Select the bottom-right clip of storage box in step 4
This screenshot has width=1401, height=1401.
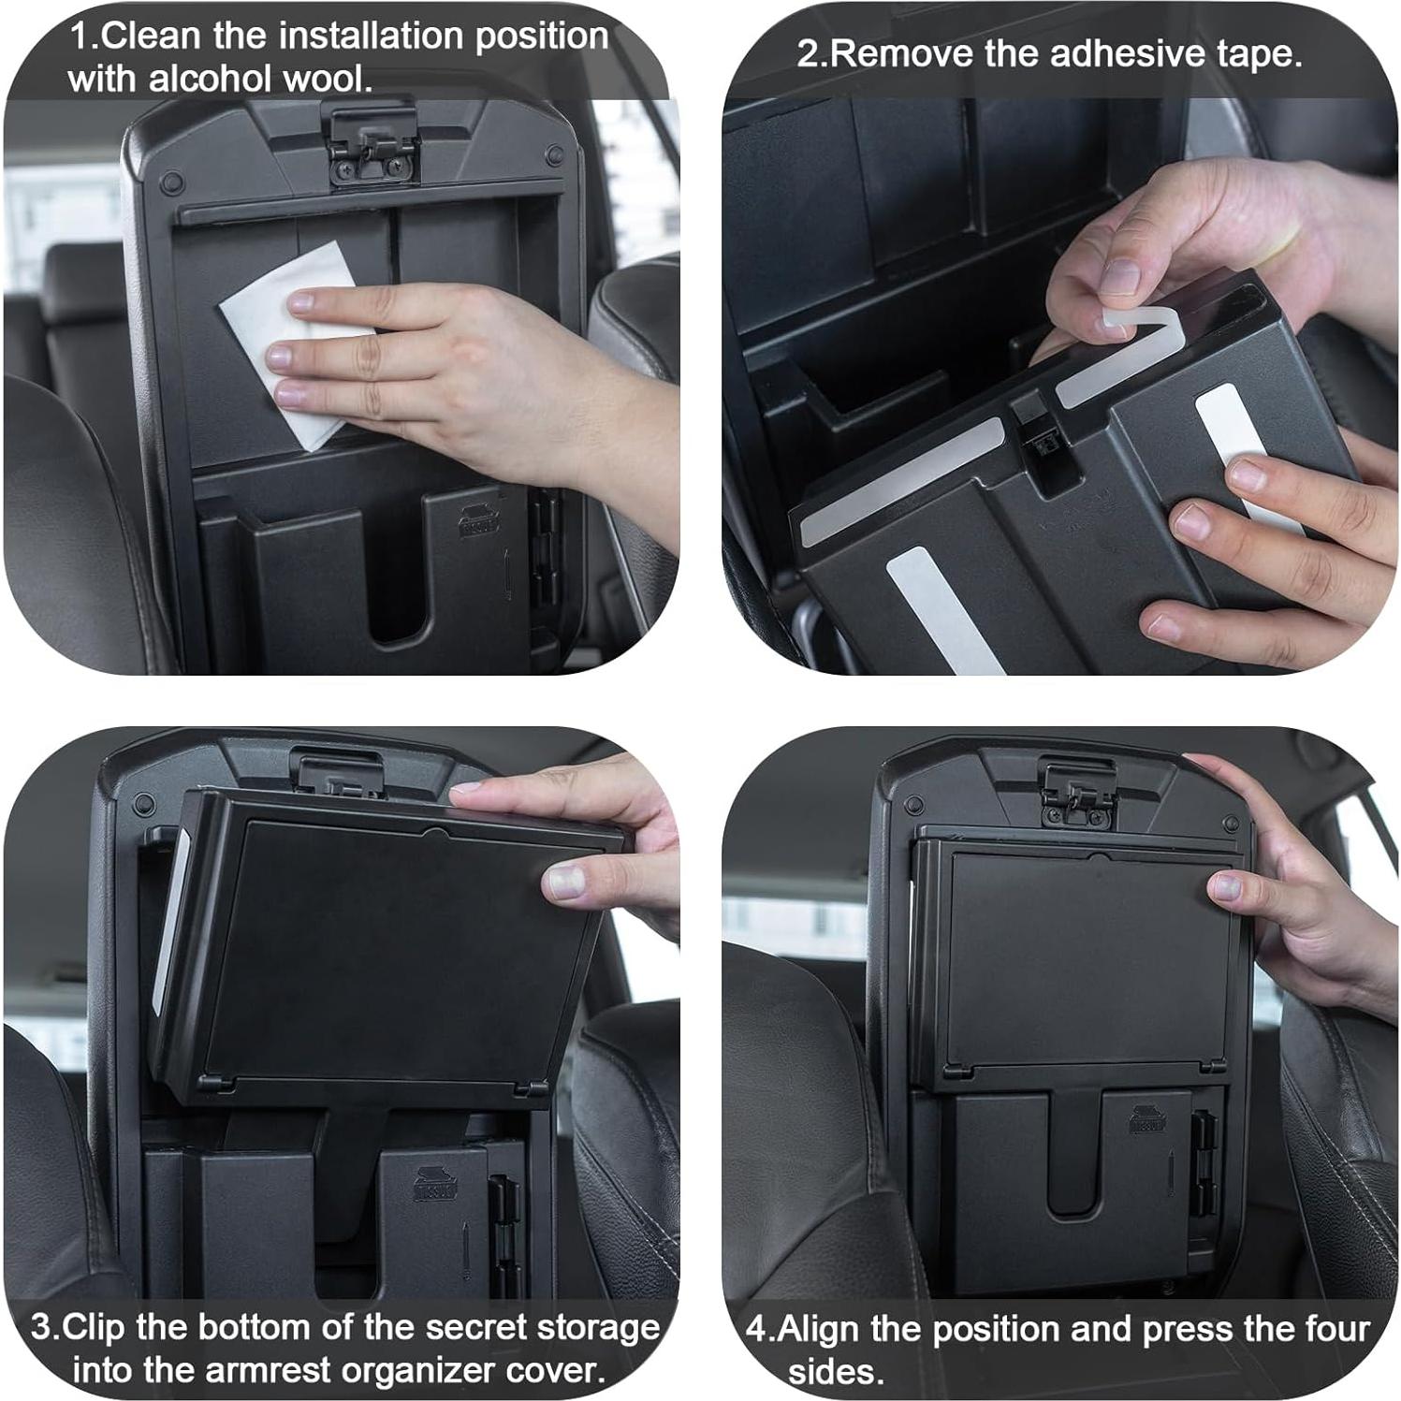(x=1211, y=1066)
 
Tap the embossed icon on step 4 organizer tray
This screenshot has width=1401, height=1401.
(x=1147, y=1119)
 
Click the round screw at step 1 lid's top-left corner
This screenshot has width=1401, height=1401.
(x=169, y=181)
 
